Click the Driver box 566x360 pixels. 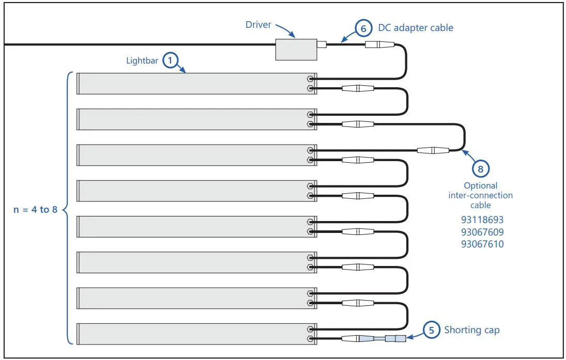(x=296, y=50)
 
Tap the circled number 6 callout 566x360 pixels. (x=363, y=28)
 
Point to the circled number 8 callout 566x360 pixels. (x=480, y=169)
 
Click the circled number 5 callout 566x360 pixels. (x=431, y=330)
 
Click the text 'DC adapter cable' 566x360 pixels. (x=416, y=28)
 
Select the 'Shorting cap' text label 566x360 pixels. (x=472, y=330)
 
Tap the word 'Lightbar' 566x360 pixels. (x=142, y=60)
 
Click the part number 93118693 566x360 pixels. (x=482, y=220)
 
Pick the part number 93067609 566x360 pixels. (x=482, y=232)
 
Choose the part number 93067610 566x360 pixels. (x=482, y=244)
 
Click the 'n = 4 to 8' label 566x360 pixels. (x=35, y=210)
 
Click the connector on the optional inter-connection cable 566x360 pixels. (x=433, y=150)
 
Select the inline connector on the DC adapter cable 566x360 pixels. (x=379, y=45)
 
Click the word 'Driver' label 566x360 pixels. (x=258, y=25)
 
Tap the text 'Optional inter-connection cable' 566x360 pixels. (x=480, y=195)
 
